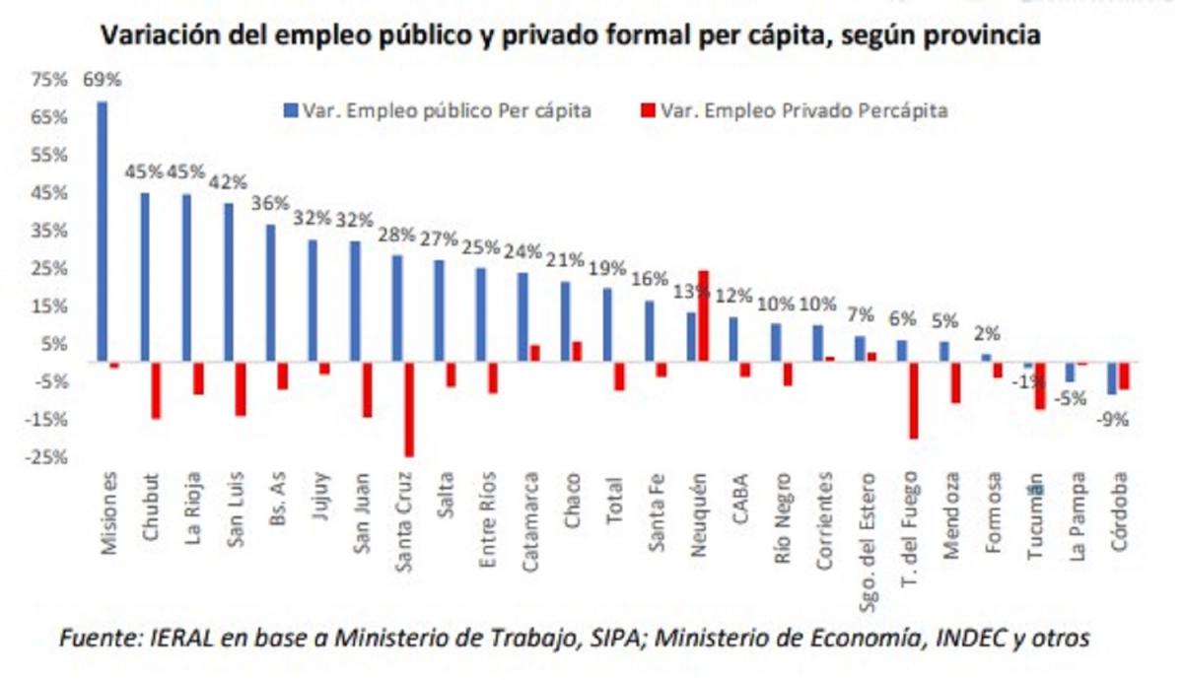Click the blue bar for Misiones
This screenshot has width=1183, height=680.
click(103, 232)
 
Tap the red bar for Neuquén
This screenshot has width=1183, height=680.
click(703, 316)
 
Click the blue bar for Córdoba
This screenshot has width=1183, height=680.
click(1112, 379)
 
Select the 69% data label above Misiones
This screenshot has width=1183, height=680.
click(102, 79)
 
